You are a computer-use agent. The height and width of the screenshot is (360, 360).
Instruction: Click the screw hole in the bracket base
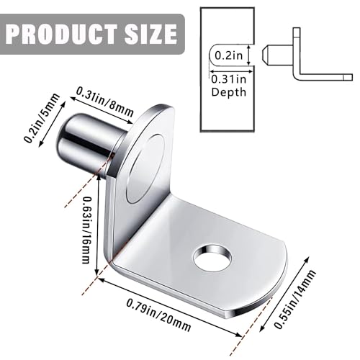[x=212, y=258]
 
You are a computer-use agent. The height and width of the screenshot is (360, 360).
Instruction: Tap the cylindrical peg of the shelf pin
[x=83, y=142]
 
